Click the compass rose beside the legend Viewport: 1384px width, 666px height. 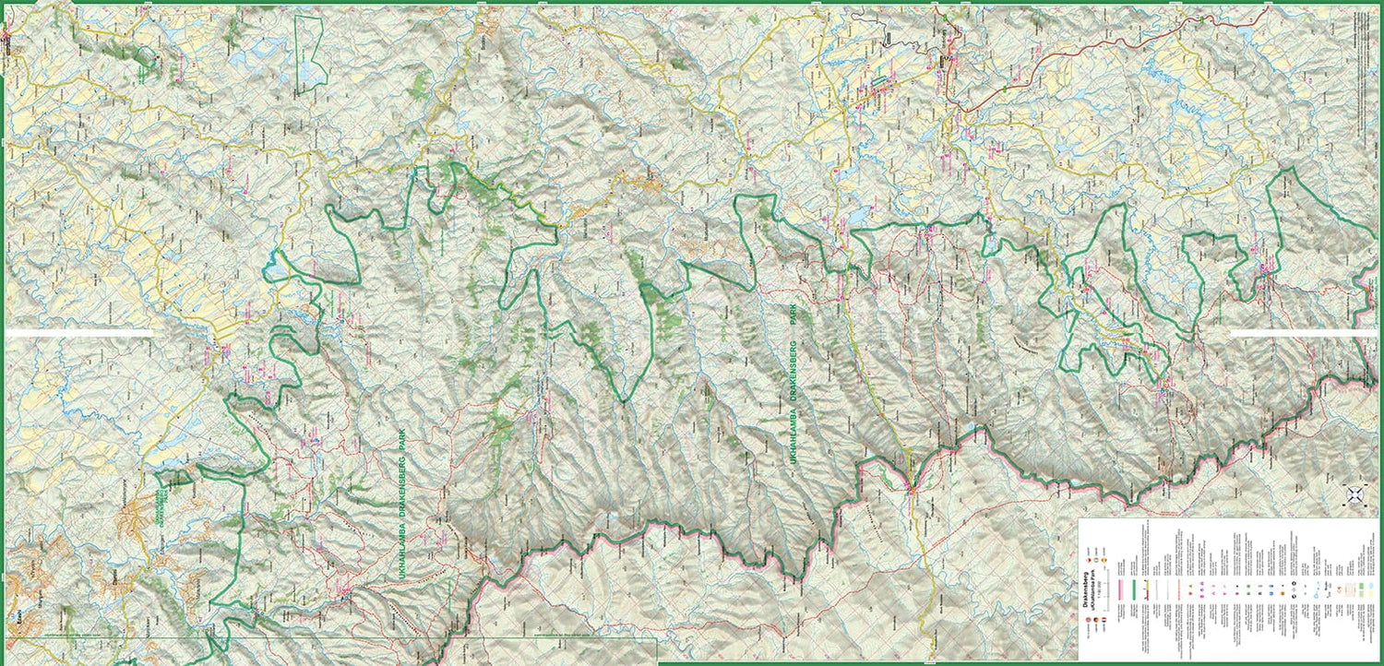[1355, 494]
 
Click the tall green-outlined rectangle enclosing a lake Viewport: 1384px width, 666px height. [311, 53]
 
